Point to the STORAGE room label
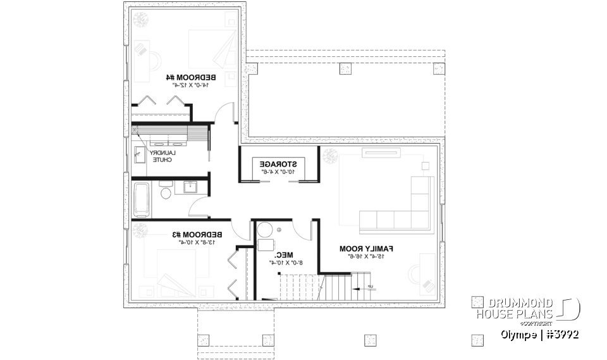tap(278, 163)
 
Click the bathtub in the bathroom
tap(141, 200)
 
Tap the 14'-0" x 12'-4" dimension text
tap(188, 85)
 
